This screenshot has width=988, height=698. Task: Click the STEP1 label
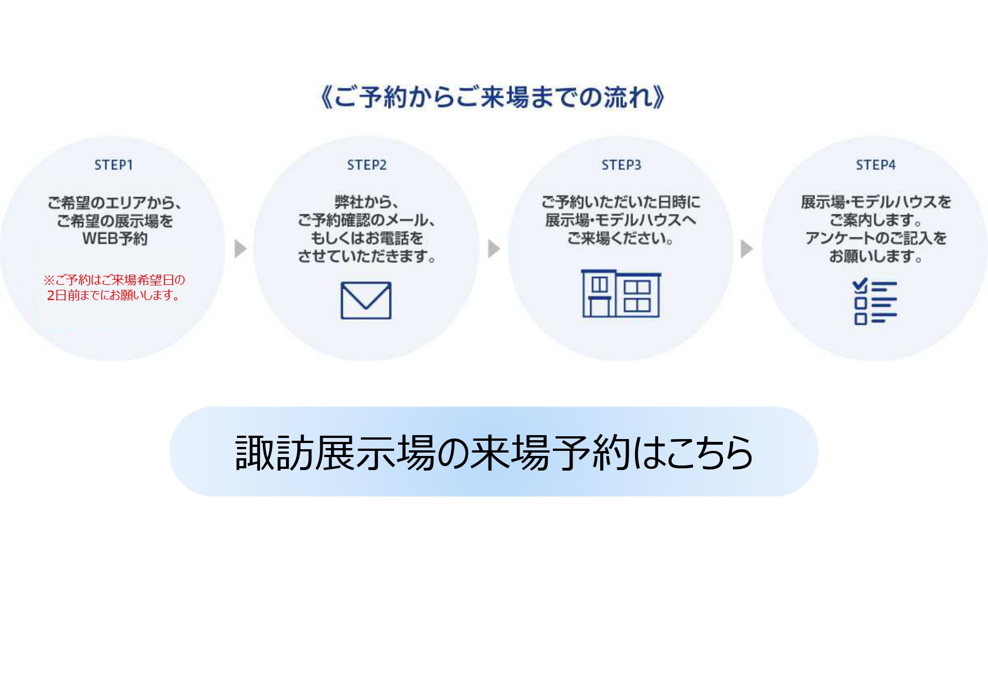113,165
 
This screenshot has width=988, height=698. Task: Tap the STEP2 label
366,165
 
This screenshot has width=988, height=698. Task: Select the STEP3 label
621,165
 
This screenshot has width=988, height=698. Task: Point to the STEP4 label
875,165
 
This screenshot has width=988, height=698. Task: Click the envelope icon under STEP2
366,301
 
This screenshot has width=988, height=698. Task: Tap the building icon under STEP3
621,293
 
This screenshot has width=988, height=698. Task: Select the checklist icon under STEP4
875,302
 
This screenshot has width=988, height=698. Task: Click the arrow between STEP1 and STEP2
240,248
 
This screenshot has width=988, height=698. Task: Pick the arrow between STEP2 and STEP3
494,248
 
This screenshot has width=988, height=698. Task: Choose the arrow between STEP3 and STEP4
746,248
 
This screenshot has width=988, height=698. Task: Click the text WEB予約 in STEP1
115,239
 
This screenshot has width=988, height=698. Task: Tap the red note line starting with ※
114,280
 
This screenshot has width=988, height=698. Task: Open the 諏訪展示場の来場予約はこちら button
494,451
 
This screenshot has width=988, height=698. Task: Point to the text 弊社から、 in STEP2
366,202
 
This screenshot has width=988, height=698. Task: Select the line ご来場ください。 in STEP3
621,239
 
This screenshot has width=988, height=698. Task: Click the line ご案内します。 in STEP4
875,220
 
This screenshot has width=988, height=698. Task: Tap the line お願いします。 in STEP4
875,257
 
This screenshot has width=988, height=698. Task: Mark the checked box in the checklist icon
860,287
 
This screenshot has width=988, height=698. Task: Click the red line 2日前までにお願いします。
114,296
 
